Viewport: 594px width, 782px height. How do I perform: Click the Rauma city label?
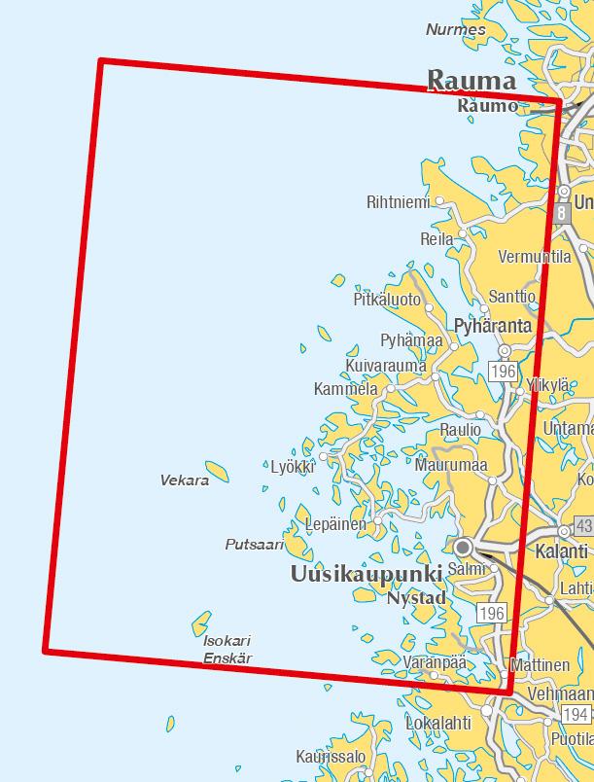[472, 80]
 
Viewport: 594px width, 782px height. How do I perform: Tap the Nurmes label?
[455, 29]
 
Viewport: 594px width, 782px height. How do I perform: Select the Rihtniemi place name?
[398, 202]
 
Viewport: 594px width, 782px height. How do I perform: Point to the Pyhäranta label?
[493, 326]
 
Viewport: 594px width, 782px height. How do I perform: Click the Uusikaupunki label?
[367, 574]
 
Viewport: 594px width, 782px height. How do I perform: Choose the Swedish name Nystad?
[416, 598]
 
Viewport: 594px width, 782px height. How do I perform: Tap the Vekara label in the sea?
[184, 480]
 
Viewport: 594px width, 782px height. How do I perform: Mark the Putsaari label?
[254, 545]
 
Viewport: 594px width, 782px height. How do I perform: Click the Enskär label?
[227, 658]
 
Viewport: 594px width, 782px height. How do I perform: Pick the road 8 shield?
[562, 212]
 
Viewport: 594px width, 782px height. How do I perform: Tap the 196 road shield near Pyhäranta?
[503, 371]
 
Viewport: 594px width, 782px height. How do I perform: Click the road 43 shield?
[583, 525]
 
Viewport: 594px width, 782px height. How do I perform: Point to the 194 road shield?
[575, 715]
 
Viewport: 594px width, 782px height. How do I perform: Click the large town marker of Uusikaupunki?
[464, 547]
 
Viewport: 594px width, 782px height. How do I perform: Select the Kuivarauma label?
[386, 366]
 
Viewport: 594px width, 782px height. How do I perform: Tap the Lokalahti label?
[437, 724]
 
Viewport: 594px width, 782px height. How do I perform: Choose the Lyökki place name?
[293, 467]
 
